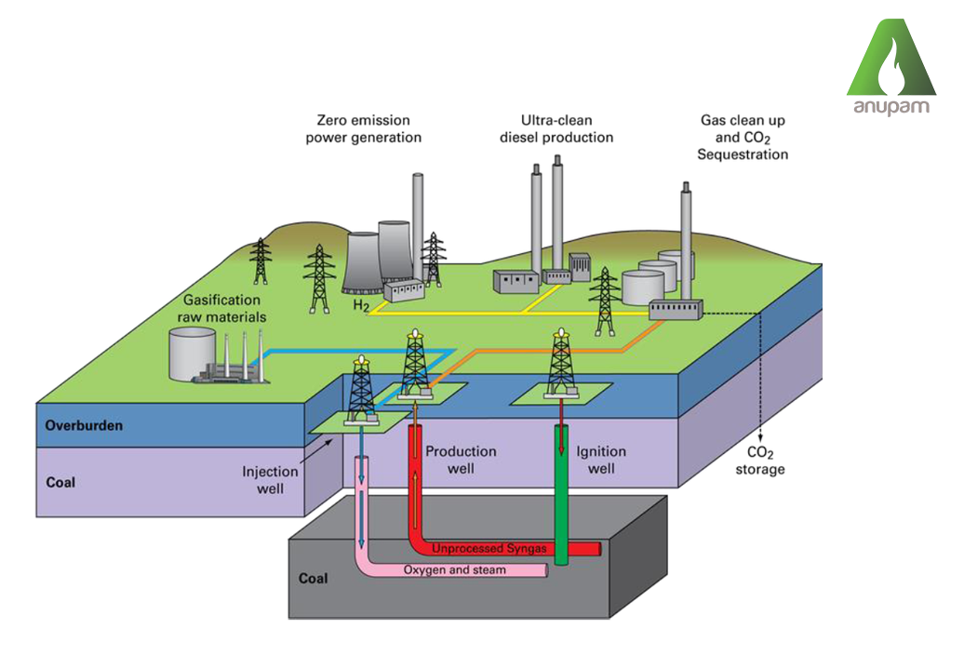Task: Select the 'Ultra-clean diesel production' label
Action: (556, 129)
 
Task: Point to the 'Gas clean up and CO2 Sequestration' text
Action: (743, 138)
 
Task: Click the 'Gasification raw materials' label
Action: (221, 309)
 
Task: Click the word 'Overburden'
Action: (85, 426)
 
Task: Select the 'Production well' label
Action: (461, 460)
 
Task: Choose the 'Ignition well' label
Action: (601, 460)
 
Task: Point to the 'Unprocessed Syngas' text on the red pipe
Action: (489, 549)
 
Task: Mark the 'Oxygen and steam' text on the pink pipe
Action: (454, 569)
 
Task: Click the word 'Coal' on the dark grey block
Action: (313, 579)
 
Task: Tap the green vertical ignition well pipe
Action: (562, 493)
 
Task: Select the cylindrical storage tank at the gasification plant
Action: (190, 354)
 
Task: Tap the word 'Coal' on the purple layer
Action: (60, 483)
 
